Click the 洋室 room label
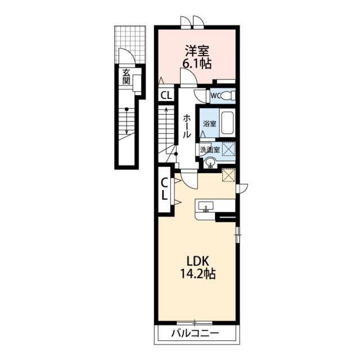197,51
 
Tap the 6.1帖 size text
197,64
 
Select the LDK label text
197,261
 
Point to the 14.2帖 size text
197,273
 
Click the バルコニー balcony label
195,333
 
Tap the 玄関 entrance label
126,76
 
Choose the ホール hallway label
187,127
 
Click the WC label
216,96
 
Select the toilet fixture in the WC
229,96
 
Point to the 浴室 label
210,124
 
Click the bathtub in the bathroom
227,123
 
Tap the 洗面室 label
210,150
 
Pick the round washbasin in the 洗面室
210,163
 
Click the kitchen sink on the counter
206,206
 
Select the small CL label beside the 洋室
166,95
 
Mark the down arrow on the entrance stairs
126,121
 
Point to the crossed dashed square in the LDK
229,175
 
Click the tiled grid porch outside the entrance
130,44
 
